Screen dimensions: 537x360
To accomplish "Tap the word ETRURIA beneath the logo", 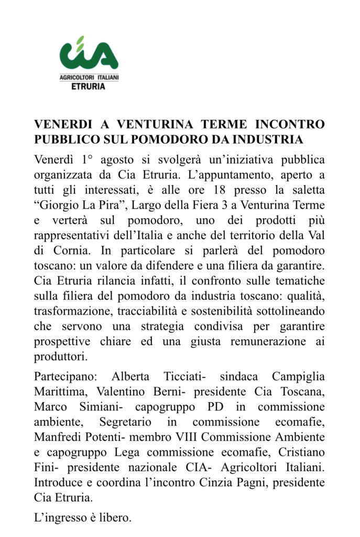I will [x=88, y=87].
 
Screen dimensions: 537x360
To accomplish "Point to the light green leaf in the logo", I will [x=80, y=41].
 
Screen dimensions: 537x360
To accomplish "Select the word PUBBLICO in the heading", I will [x=66, y=140].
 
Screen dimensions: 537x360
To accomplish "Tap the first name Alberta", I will [x=131, y=377].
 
